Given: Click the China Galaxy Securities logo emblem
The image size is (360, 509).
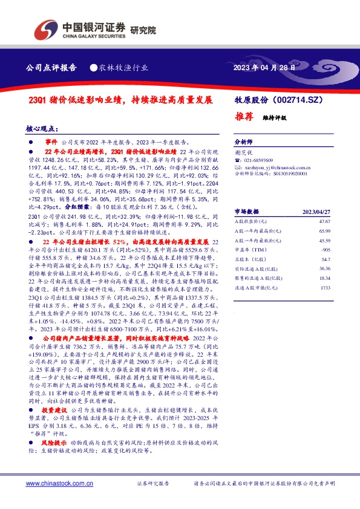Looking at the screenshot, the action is tap(44, 28).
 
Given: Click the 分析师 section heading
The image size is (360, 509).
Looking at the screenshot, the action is tap(243, 139).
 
